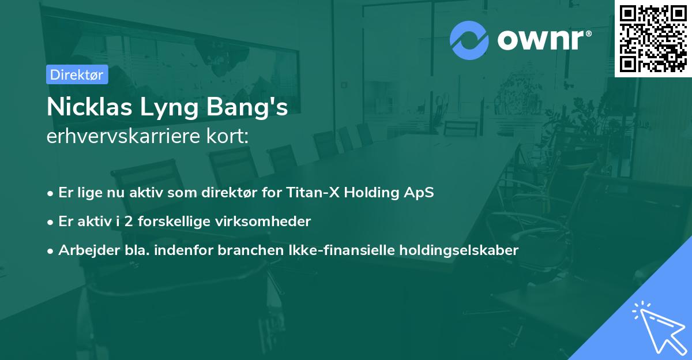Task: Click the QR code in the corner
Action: pos(653,38)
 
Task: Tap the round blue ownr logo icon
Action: pos(469,40)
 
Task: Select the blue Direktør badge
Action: pos(77,74)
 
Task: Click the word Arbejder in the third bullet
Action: pos(84,250)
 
